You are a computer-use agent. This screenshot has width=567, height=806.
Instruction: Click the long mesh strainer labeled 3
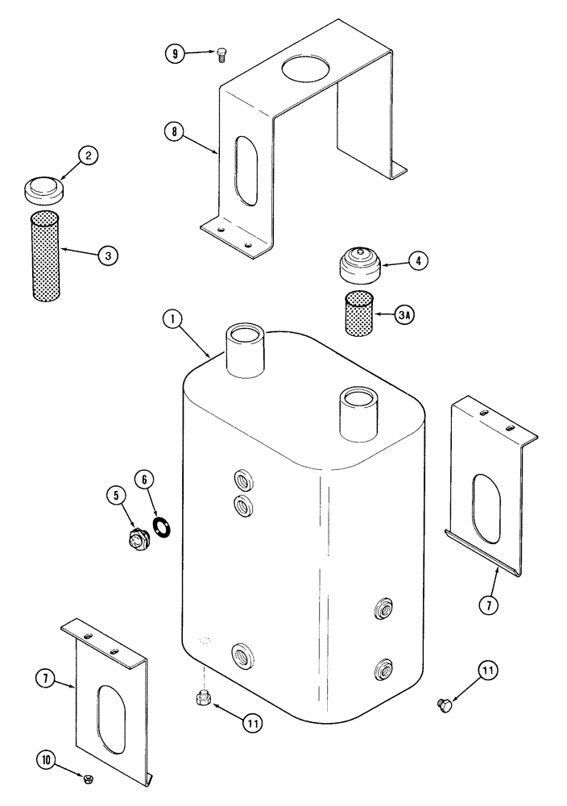point(44,256)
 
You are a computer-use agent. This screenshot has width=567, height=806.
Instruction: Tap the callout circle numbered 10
point(47,758)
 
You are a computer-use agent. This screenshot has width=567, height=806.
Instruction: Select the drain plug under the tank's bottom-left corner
point(204,698)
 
